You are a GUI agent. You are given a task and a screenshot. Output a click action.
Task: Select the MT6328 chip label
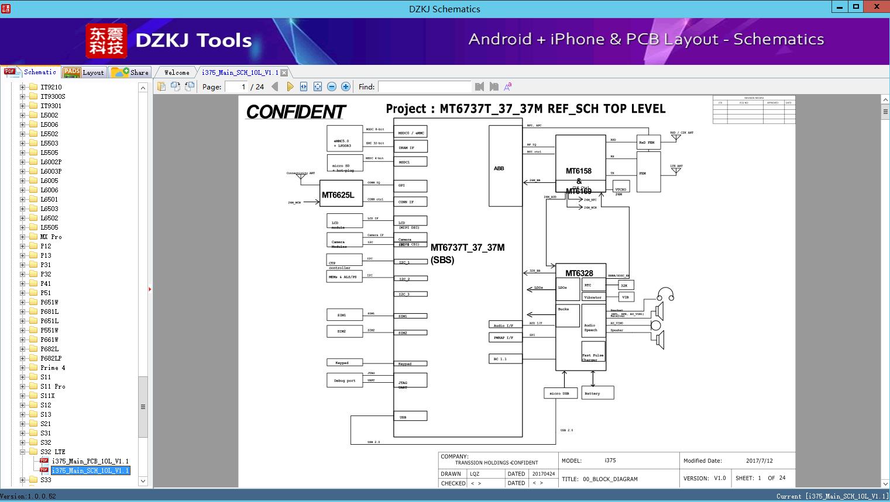point(579,273)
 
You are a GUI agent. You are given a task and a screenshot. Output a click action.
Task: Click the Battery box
point(597,393)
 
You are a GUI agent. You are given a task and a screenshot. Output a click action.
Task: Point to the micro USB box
point(560,393)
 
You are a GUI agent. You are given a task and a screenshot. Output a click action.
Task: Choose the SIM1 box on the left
point(344,314)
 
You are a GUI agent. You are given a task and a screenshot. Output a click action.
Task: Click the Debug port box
point(344,380)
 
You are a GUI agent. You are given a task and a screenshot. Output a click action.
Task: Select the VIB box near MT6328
point(626,297)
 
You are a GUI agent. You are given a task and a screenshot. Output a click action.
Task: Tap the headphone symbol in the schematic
point(665,294)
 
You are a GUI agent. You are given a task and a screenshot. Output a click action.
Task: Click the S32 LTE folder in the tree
point(53,452)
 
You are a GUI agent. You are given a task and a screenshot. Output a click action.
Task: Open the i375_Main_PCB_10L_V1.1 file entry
point(90,461)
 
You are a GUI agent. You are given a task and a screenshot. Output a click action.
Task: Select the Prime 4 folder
point(53,368)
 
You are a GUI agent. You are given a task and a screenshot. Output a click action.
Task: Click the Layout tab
point(84,72)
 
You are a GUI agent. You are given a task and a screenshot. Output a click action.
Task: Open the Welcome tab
point(177,72)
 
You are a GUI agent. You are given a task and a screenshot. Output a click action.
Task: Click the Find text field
point(424,86)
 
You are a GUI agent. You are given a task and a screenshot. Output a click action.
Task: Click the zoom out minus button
point(332,86)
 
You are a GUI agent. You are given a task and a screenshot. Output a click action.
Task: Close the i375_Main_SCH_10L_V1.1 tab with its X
point(284,72)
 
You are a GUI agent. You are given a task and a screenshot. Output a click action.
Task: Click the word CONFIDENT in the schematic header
point(295,112)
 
